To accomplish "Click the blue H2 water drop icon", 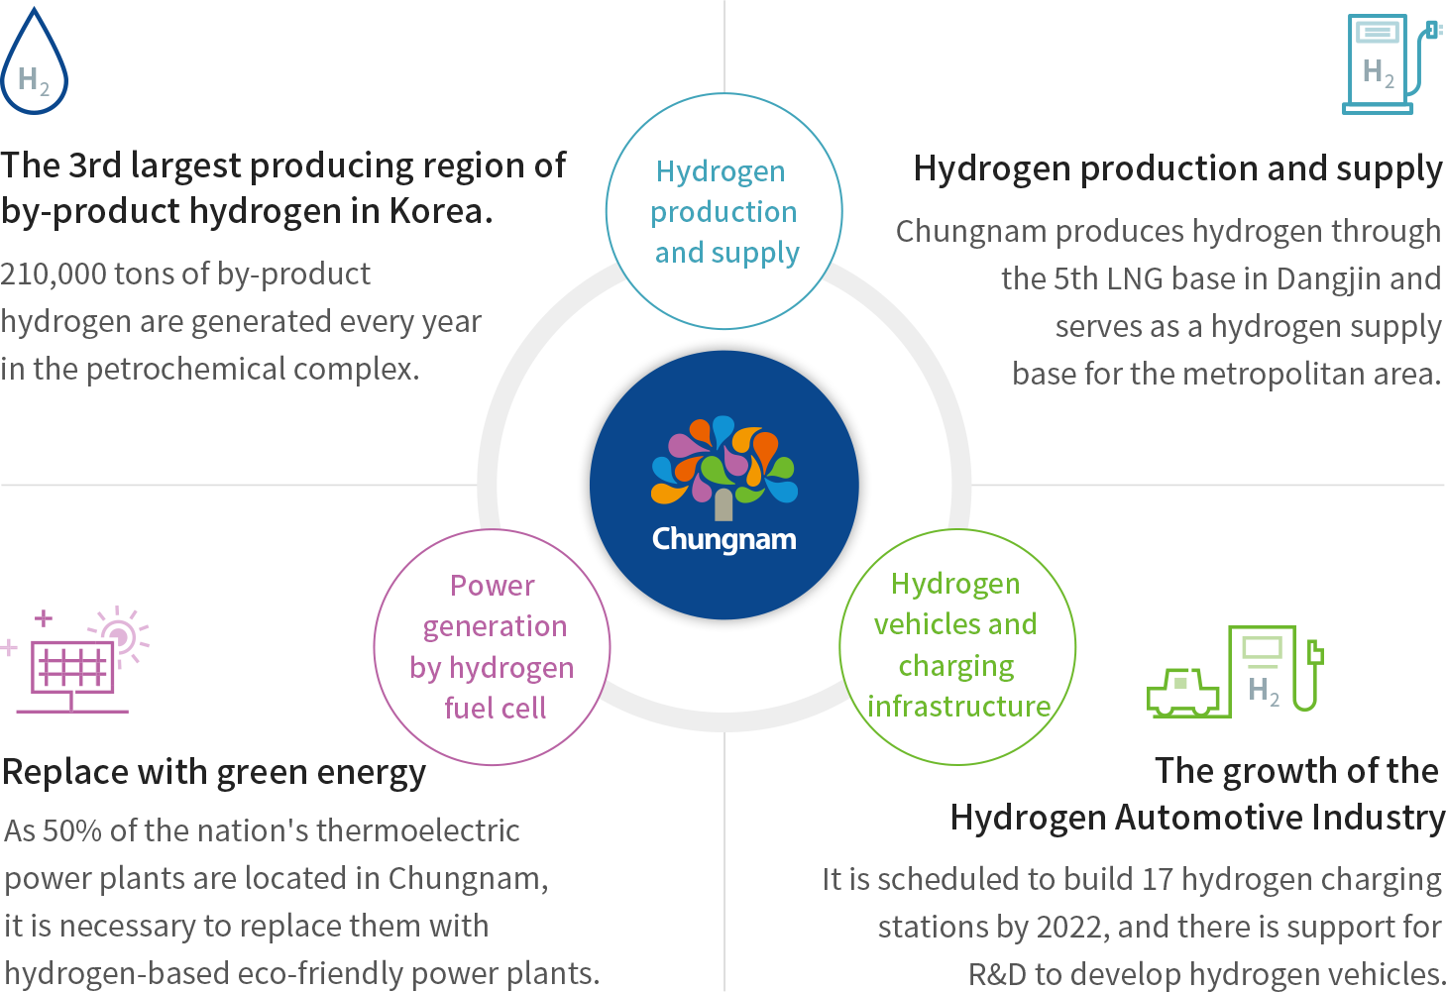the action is [34, 61].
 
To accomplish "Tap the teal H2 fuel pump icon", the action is [1391, 63].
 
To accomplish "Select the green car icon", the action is [1182, 693].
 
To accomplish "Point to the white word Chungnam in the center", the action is [724, 540].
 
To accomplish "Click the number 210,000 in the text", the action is [53, 275].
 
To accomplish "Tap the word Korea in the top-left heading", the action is [440, 211].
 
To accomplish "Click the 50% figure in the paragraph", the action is [71, 831].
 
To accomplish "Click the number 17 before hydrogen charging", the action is [1157, 880].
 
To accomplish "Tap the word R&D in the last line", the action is [997, 974].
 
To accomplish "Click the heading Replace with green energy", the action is [214, 773].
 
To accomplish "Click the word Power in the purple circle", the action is [493, 586].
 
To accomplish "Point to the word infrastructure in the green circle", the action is [958, 706].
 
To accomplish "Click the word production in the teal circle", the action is [723, 213].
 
